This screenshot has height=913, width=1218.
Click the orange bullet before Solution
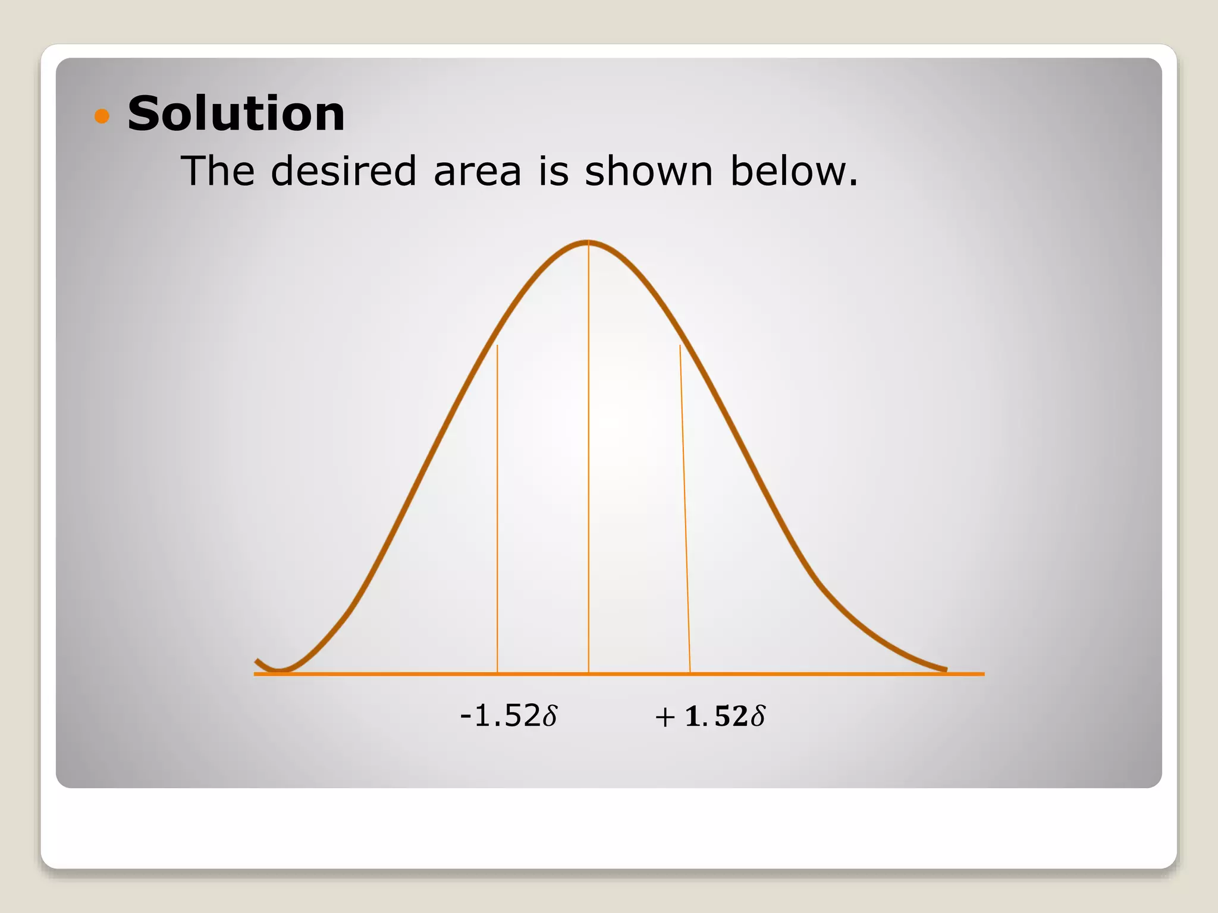coord(102,115)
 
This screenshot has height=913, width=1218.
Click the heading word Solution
coord(236,114)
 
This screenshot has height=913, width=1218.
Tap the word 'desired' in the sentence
coord(343,171)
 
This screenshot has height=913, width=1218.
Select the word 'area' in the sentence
coord(477,172)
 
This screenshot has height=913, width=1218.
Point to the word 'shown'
coord(648,171)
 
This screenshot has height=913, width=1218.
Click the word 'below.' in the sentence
coord(794,171)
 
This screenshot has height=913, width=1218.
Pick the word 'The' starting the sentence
coord(218,171)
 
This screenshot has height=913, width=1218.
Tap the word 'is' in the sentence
coord(553,171)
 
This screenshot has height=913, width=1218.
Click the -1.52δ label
coord(509,716)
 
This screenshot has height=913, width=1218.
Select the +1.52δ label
coord(710,716)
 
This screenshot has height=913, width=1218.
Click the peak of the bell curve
coord(588,241)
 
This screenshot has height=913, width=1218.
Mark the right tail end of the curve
coord(944,669)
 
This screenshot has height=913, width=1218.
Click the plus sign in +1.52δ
coord(665,717)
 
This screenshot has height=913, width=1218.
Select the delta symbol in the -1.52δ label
coord(550,715)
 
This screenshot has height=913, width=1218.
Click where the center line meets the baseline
coord(589,673)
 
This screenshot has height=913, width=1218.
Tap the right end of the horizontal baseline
coord(982,674)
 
